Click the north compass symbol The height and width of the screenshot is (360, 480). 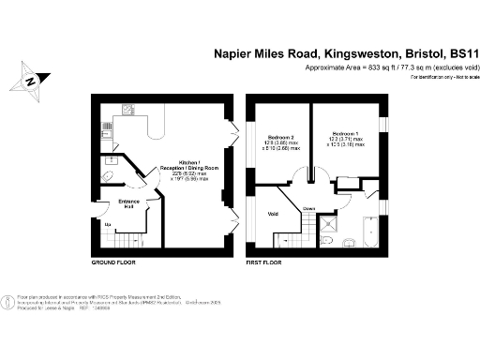point(31,81)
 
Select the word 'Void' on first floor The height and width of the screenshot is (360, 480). point(275,214)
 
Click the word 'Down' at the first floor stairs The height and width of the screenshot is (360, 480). point(308,207)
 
